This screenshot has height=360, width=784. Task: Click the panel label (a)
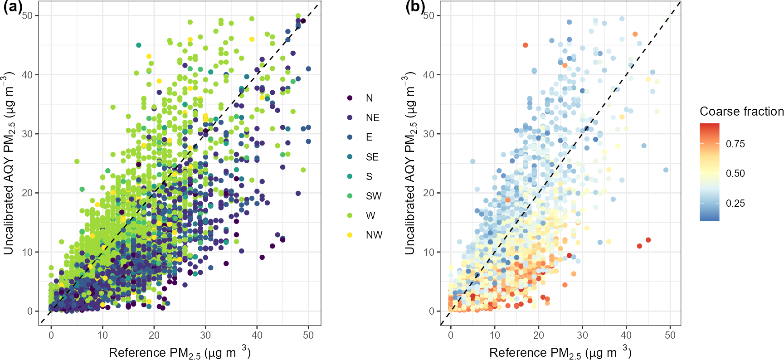[x=12, y=8]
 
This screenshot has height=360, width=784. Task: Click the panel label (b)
[x=415, y=8]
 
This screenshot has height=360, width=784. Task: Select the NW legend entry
[x=374, y=235]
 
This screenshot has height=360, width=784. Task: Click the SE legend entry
[x=372, y=157]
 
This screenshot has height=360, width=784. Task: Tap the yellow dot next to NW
[x=350, y=235]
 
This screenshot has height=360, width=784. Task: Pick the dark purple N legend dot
[x=350, y=98]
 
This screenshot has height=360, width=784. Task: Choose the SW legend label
[x=374, y=196]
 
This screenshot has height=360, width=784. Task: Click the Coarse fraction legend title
[x=741, y=112]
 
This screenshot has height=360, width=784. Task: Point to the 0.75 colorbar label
[x=735, y=144]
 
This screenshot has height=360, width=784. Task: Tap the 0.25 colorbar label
[x=735, y=203]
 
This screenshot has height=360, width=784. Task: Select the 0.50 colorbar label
[x=735, y=174]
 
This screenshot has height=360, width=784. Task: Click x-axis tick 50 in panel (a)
[x=308, y=335]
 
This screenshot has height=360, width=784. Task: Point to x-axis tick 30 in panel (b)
[x=582, y=335]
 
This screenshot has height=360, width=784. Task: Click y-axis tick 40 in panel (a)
[x=27, y=75]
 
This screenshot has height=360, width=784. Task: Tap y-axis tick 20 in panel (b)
[x=429, y=193]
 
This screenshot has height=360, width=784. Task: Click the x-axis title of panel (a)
[x=180, y=352]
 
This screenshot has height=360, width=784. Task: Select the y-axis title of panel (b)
[x=410, y=163]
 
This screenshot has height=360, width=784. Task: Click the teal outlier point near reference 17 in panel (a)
[x=139, y=45]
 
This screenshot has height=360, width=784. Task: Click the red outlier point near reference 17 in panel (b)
[x=525, y=45]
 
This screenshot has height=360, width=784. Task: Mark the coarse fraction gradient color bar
[x=709, y=172]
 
